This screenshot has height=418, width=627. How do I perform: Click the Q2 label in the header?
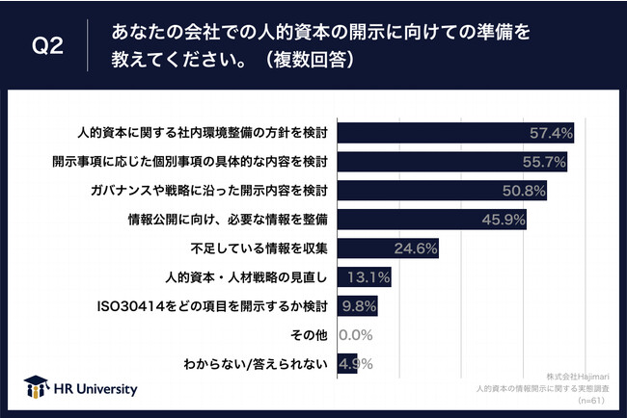(x=48, y=46)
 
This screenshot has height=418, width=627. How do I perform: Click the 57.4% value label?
(x=551, y=132)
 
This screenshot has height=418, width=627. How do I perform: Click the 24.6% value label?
(x=416, y=248)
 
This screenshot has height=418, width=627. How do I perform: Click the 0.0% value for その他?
(x=357, y=335)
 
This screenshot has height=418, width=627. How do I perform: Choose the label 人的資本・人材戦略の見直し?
(x=255, y=277)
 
